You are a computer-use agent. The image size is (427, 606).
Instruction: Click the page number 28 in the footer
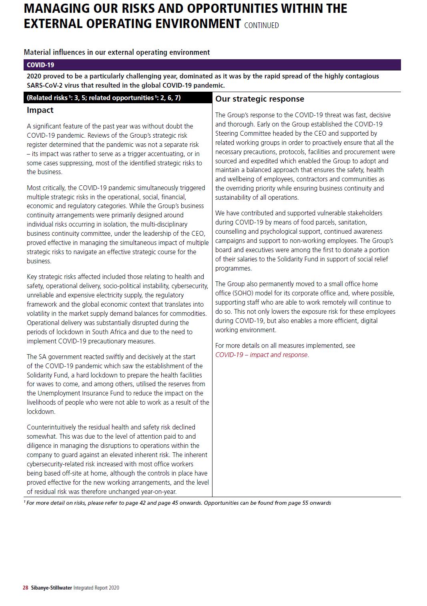25,588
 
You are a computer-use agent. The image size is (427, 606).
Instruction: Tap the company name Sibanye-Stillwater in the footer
52,588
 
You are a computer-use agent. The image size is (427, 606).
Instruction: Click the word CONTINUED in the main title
261,25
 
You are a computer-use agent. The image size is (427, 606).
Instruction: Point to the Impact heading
40,110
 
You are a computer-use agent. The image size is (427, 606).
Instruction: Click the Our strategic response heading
260,99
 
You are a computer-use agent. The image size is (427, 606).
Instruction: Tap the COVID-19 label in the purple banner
40,65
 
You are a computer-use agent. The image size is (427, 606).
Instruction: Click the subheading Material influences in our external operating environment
116,52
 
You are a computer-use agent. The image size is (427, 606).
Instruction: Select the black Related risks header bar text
104,98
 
